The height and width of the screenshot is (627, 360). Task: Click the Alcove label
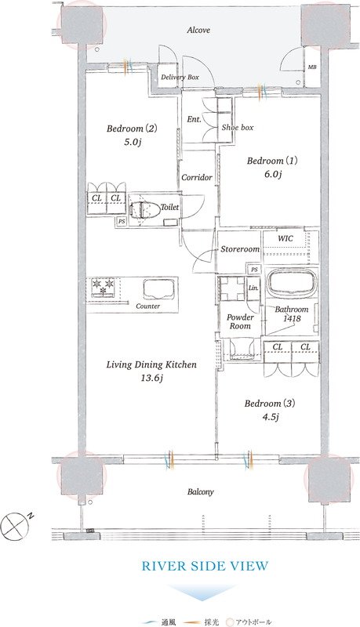(198, 30)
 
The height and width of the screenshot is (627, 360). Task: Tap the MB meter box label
(312, 67)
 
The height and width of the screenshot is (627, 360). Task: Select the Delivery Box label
(180, 77)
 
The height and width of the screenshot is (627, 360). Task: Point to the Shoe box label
(238, 128)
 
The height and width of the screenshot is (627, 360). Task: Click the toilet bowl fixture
(144, 209)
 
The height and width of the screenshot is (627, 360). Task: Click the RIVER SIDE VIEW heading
(205, 566)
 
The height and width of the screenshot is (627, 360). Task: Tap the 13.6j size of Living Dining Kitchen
(151, 378)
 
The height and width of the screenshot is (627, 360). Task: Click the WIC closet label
(285, 239)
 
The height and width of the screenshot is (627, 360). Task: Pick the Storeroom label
(240, 249)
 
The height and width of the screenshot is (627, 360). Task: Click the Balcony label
(201, 492)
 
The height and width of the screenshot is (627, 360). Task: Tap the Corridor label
(197, 178)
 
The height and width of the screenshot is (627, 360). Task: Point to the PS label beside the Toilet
(121, 221)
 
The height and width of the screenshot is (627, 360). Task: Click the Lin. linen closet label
(253, 288)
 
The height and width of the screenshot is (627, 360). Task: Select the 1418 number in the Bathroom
(292, 319)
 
